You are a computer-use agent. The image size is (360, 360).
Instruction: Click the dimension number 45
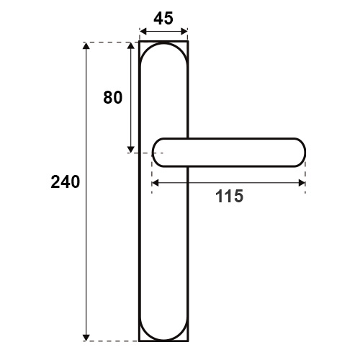(x=163, y=19)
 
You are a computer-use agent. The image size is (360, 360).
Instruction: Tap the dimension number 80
(x=113, y=98)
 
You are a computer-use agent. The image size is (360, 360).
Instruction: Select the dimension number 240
(x=66, y=182)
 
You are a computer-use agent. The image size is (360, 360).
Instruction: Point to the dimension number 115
(x=229, y=196)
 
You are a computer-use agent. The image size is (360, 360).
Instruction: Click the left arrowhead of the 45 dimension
(x=143, y=32)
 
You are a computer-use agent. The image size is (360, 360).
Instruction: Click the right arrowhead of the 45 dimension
(x=184, y=32)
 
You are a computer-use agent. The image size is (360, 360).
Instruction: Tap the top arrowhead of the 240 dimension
(x=86, y=45)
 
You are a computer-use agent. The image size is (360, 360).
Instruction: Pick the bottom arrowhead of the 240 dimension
(x=86, y=338)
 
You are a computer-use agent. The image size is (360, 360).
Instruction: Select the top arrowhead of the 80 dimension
(x=131, y=45)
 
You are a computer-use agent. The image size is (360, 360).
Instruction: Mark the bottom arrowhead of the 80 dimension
(x=131, y=149)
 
